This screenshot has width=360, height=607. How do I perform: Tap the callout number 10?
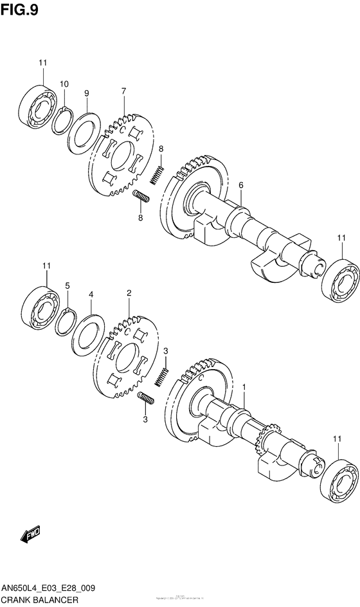(64, 84)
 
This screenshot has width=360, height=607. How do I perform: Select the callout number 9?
(86, 93)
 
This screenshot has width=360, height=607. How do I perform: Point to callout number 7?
(123, 91)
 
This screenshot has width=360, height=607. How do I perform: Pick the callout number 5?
(67, 285)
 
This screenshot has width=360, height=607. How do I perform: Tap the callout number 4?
(91, 294)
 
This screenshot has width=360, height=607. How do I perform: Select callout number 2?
(129, 293)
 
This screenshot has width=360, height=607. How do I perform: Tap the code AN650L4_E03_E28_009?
(51, 588)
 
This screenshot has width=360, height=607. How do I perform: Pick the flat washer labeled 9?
(84, 132)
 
